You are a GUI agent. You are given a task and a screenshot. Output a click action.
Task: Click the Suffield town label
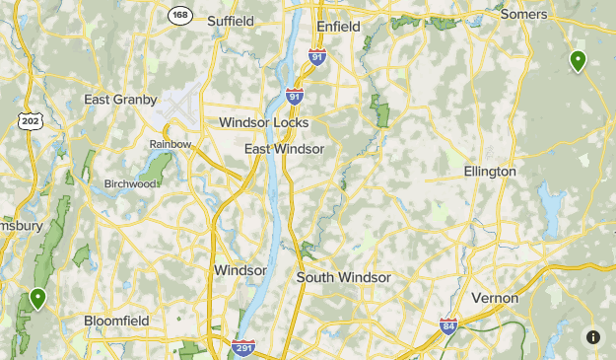click(x=231, y=20)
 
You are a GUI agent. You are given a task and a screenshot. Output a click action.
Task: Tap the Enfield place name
click(x=338, y=26)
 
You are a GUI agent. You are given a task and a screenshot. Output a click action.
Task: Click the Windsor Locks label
click(x=263, y=122)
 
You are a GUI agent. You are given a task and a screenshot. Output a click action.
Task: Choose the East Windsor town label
click(x=284, y=148)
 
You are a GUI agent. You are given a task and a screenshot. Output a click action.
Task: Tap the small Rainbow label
click(x=170, y=144)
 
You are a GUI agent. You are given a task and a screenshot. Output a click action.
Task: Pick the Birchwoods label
click(x=131, y=182)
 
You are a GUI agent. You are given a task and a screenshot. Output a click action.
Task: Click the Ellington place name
click(x=490, y=172)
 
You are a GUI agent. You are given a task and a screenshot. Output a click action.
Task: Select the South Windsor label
click(x=343, y=277)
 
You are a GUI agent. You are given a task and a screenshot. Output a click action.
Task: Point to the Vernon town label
click(x=495, y=297)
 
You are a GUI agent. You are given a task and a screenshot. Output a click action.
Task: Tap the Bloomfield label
click(x=116, y=321)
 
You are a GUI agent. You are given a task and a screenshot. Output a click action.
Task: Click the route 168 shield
click(x=179, y=14)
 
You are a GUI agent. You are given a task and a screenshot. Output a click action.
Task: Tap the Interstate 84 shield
click(x=448, y=324)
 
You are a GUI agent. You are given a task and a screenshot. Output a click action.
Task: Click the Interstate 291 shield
click(x=244, y=347)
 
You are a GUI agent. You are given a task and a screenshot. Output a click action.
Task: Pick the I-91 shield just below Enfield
click(x=316, y=58)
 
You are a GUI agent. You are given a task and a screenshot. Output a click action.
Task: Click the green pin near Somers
click(x=578, y=61)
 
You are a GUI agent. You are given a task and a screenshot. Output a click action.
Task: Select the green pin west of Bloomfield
click(x=38, y=298)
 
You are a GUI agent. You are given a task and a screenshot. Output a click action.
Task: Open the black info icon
click(x=593, y=337)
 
